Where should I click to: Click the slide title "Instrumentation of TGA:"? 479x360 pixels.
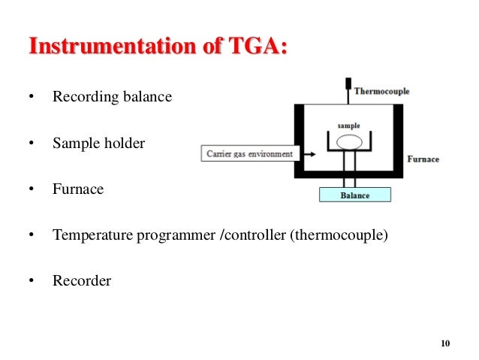click(158, 46)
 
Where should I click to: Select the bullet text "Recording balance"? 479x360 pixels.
click(112, 97)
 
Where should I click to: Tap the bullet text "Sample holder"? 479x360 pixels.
click(98, 143)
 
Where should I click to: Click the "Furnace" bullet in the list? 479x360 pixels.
click(77, 189)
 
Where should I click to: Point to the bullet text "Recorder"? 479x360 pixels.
click(81, 281)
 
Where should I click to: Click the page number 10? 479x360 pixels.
click(444, 343)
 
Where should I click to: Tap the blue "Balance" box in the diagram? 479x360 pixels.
click(355, 195)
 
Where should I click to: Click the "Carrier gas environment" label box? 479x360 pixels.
click(250, 154)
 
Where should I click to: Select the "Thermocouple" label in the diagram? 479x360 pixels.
click(381, 92)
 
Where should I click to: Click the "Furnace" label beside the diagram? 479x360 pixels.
click(423, 159)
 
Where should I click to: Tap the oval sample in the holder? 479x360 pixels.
click(348, 141)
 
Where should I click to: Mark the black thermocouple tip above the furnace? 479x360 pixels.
click(348, 82)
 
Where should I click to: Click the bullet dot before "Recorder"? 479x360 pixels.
click(31, 282)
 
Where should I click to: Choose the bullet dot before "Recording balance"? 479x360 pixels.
click(31, 98)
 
